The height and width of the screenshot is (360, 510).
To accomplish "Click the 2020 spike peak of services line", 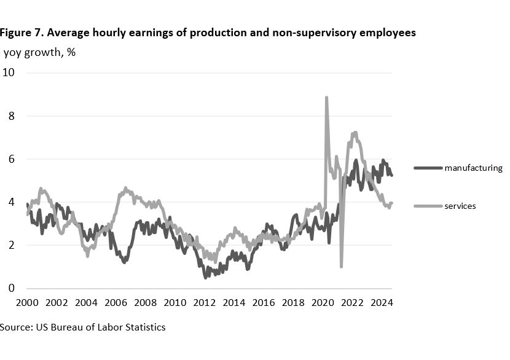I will pos(326,97).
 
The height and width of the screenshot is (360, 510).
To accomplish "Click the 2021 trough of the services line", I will pos(341,266).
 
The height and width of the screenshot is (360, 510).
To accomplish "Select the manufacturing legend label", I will pos(473,168).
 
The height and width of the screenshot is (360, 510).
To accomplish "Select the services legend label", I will pos(460,206).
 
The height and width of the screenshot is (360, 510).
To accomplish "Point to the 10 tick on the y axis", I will pos(9,72).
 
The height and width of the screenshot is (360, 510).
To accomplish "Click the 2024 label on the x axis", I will pos(382,303).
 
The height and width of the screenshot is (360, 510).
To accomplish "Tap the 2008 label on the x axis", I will pos(145,303).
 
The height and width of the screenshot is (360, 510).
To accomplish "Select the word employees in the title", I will pos(385,33).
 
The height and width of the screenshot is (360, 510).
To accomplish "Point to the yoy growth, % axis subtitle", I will pos(40,52).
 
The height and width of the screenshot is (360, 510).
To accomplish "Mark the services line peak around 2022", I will pos(355,132).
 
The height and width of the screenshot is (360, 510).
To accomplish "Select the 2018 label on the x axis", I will pos(293,303).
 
